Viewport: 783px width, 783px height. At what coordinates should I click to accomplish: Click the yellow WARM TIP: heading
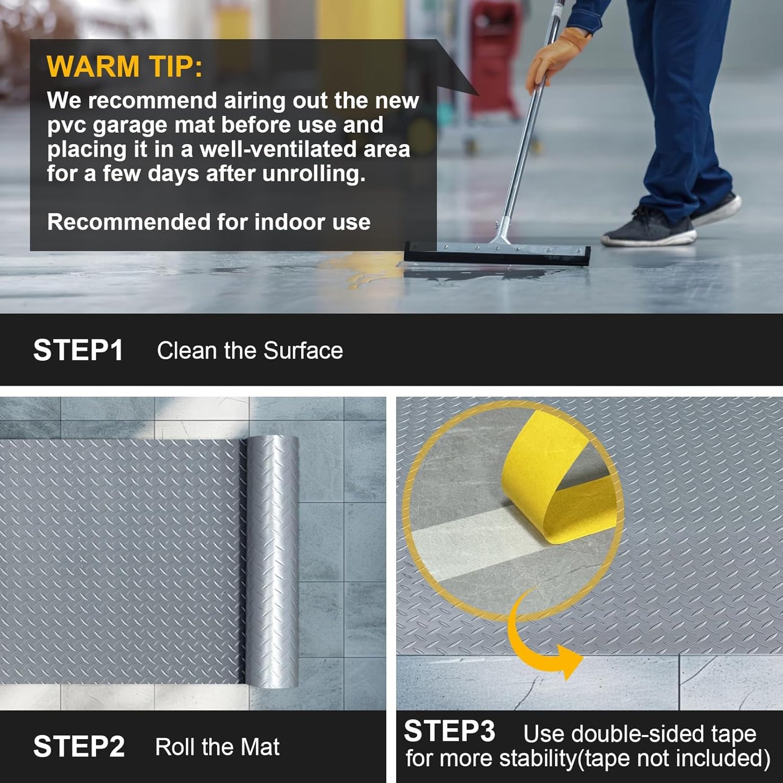pyautogui.click(x=125, y=67)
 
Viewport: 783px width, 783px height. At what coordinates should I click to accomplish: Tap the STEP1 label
pyautogui.click(x=79, y=351)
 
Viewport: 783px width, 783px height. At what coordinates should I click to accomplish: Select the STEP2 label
pyautogui.click(x=79, y=747)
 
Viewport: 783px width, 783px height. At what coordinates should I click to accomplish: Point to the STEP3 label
pyautogui.click(x=449, y=731)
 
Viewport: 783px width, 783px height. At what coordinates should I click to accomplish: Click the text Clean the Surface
pyautogui.click(x=250, y=351)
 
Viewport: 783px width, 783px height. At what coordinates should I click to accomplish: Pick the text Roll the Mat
pyautogui.click(x=217, y=747)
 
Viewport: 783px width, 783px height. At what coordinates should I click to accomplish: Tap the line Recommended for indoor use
pyautogui.click(x=209, y=222)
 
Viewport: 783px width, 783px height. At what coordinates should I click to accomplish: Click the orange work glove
pyautogui.click(x=555, y=57)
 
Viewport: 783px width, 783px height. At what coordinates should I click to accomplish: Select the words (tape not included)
pyautogui.click(x=674, y=759)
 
